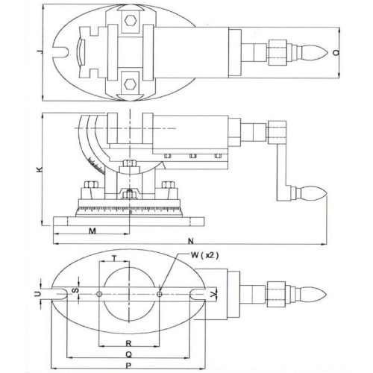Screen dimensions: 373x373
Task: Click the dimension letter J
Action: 40,51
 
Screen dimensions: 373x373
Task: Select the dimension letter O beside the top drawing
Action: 336,53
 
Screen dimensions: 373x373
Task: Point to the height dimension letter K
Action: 40,169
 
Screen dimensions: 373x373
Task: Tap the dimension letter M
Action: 93,231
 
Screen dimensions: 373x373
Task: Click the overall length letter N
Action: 190,241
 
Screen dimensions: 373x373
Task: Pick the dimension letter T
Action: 114,259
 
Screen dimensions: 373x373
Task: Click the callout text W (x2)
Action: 205,255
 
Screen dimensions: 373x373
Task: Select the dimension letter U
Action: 38,294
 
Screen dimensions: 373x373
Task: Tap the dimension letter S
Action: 76,290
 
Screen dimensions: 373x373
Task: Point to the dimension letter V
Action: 213,295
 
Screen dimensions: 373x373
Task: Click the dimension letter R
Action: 128,344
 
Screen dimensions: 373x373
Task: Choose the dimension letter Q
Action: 128,354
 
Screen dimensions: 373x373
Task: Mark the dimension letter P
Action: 128,366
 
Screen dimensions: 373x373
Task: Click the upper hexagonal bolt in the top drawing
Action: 130,21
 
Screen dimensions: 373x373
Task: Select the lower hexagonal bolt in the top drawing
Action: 130,84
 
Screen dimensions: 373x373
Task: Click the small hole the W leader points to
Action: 160,294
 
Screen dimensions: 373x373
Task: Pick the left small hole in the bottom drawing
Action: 99,294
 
